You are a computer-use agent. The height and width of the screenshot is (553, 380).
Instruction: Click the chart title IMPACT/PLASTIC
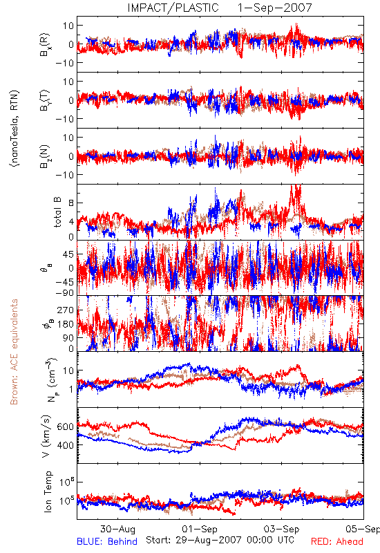click(173, 8)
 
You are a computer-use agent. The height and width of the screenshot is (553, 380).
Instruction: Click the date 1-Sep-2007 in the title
click(274, 8)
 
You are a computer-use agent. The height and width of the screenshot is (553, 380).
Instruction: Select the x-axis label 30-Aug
click(117, 529)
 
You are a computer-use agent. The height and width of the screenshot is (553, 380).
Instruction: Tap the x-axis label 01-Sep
click(200, 529)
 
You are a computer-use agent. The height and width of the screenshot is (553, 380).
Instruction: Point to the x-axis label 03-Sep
click(282, 529)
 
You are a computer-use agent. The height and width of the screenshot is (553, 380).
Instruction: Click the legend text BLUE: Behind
click(107, 541)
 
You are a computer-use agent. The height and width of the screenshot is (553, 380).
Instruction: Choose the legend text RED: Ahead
click(337, 541)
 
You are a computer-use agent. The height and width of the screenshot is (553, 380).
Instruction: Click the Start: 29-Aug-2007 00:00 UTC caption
click(220, 540)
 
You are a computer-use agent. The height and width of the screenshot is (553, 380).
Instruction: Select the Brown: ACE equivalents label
click(14, 352)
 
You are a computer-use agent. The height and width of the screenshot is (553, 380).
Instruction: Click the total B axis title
click(57, 212)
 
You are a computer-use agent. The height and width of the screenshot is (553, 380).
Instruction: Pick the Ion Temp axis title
click(48, 491)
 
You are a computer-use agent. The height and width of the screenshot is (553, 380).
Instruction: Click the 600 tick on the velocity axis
click(66, 427)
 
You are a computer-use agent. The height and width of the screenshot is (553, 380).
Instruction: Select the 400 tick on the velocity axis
click(66, 445)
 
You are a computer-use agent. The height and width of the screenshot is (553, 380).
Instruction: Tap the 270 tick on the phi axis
click(66, 310)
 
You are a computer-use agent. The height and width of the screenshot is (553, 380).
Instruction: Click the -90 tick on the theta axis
click(64, 293)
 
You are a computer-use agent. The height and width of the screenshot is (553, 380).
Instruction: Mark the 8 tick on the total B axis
click(71, 203)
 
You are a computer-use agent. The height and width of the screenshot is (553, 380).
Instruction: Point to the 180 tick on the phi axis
click(66, 324)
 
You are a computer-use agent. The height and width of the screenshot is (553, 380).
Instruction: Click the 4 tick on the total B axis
click(71, 222)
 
